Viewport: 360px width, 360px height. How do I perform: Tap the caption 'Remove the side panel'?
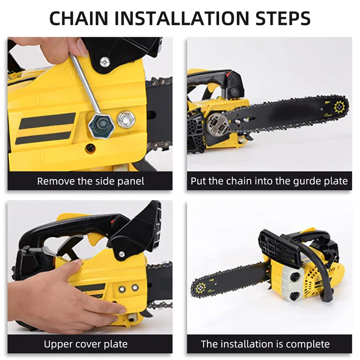(x=90, y=181)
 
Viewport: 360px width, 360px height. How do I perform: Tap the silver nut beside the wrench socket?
(x=126, y=119)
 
